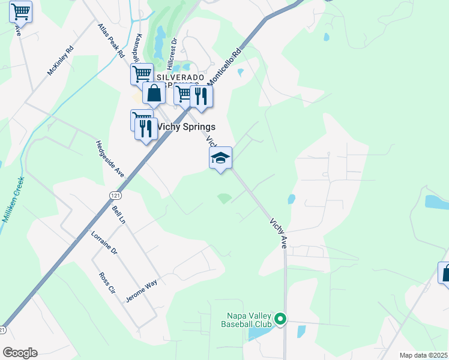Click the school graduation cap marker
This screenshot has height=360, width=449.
pyautogui.click(x=220, y=158)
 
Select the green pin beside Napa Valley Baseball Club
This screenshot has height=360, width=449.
pyautogui.click(x=280, y=319)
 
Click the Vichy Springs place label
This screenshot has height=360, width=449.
pyautogui.click(x=185, y=127)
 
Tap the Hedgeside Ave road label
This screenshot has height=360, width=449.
pyautogui.click(x=110, y=158)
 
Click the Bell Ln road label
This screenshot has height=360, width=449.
pyautogui.click(x=118, y=215)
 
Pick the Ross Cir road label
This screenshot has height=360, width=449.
pyautogui.click(x=107, y=283)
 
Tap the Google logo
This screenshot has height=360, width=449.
pyautogui.click(x=20, y=353)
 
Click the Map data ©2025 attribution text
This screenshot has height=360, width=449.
pyautogui.click(x=423, y=355)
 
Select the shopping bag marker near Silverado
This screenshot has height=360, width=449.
pyautogui.click(x=154, y=94)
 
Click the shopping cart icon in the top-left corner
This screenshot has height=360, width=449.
pyautogui.click(x=20, y=11)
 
